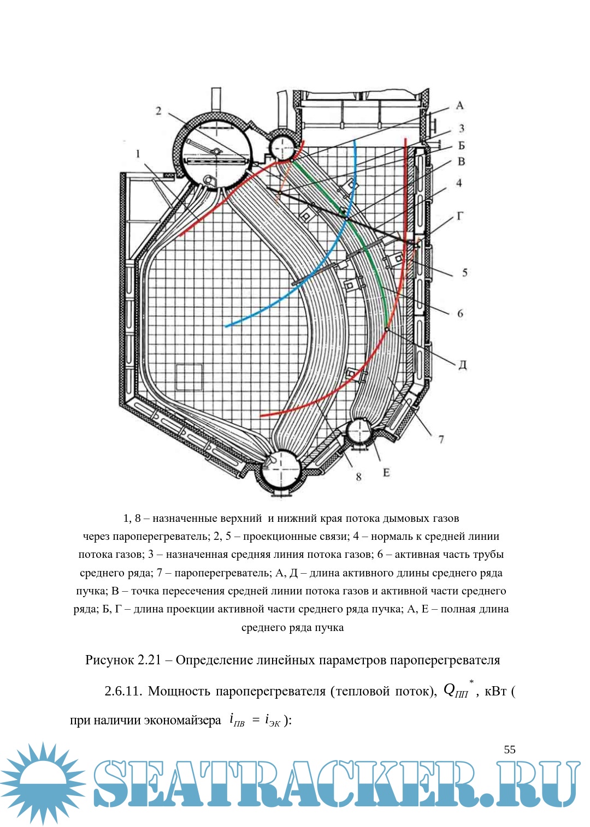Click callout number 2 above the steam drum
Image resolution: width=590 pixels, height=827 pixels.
158,111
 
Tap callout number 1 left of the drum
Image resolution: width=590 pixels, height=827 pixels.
138,154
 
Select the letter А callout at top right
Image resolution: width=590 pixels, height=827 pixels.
459,105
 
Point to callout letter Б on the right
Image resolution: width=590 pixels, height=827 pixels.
461,145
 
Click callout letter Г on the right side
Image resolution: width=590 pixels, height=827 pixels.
461,216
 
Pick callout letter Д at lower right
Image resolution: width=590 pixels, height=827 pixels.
462,365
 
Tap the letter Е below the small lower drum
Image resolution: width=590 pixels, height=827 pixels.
386,472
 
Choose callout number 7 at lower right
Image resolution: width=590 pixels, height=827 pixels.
441,438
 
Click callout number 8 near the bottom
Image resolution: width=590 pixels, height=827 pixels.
358,477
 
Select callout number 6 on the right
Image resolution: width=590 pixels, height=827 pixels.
460,313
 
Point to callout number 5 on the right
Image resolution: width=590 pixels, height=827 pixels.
464,272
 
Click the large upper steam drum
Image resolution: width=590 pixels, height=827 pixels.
214,150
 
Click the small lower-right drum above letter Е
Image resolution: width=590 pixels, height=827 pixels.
359,431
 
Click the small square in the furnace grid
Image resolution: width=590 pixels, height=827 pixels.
189,377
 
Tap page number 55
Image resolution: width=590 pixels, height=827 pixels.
509,749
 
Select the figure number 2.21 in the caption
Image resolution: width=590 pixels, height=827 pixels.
149,660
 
